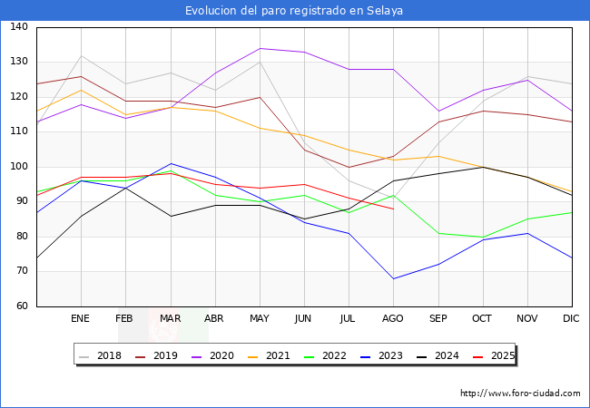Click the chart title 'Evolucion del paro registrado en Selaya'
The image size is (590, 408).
coord(294,11)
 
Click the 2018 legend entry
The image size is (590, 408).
coord(102,355)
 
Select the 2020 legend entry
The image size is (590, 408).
coord(218,355)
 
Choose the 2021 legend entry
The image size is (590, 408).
coord(278,355)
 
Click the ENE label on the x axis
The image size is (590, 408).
coord(80,319)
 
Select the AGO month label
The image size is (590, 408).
coord(393,319)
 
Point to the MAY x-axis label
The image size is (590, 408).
coord(259,319)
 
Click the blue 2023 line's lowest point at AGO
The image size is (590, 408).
coord(393,278)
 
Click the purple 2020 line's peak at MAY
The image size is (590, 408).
coord(260,48)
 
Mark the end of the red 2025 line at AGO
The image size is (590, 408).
coord(393,209)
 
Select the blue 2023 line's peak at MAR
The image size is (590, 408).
coord(171,163)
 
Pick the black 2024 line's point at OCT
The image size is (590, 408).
coord(483,167)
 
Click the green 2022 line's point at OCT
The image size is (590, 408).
coord(483,237)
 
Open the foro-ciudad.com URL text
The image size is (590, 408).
coord(520,393)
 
